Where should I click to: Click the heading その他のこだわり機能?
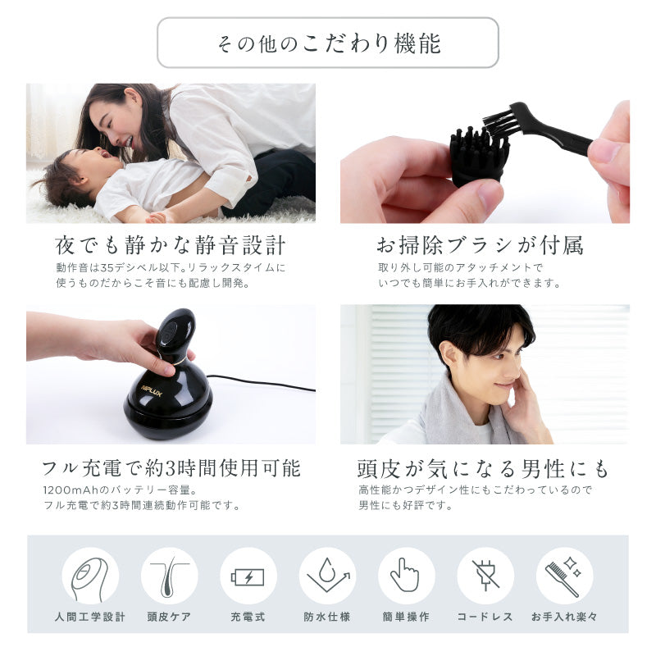(328, 43)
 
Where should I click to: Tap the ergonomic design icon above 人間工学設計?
(90, 576)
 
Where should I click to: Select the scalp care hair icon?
(169, 576)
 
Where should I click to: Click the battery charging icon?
(248, 576)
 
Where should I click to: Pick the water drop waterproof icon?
(327, 576)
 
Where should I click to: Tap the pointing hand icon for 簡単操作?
(406, 576)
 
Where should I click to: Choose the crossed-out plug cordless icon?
(485, 576)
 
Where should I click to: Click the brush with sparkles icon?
(564, 576)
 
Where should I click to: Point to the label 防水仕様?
(327, 617)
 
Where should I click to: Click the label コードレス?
(485, 617)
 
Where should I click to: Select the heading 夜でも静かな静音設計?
(170, 245)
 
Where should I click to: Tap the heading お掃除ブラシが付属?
(480, 245)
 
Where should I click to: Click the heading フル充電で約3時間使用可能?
(171, 468)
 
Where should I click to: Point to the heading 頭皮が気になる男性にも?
(484, 468)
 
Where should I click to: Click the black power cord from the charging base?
(262, 383)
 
